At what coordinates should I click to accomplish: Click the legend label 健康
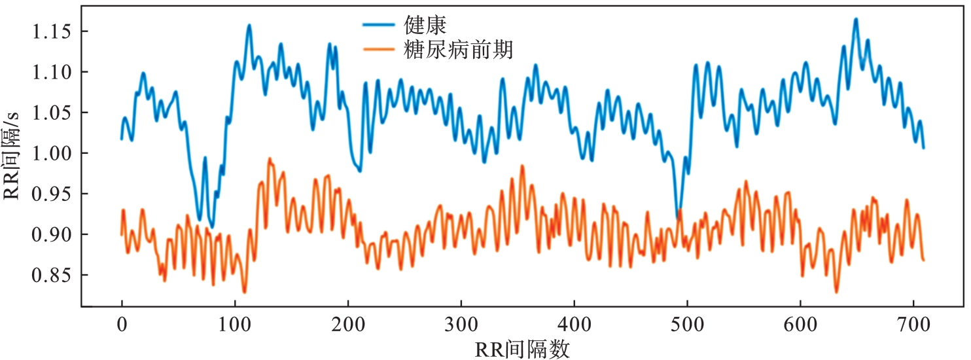tap(425, 26)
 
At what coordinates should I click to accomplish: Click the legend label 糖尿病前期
tap(457, 50)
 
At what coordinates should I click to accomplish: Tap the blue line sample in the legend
tap(380, 26)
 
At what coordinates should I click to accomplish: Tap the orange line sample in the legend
tap(380, 50)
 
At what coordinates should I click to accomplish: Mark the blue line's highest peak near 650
tap(855, 20)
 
